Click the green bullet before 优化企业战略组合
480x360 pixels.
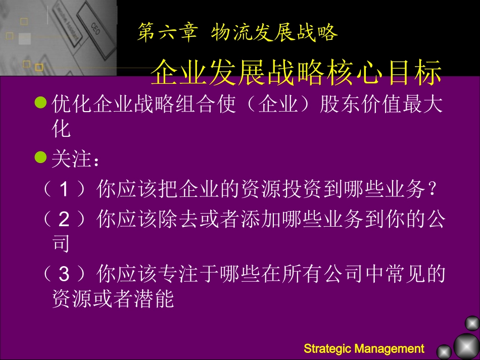40,104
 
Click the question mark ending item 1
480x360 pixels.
430,190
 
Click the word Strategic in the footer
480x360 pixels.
328,348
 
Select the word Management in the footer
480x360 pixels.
390,348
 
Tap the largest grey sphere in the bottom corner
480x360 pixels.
466,346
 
